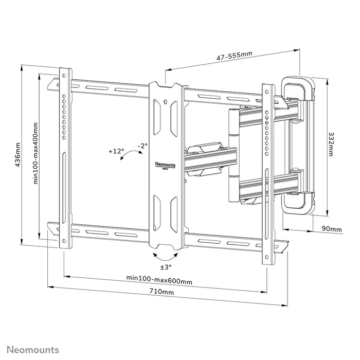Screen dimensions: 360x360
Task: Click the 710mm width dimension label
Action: coord(161,292)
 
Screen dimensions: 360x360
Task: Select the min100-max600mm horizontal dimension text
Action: coord(159,280)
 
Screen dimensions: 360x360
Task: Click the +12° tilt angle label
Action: coord(116,151)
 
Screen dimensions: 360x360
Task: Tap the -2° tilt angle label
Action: coord(142,146)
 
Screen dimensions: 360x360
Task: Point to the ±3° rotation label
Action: coord(166,267)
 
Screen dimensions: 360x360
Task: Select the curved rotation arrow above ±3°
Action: coord(166,256)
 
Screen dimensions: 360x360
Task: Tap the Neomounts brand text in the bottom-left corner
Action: coord(32,350)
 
